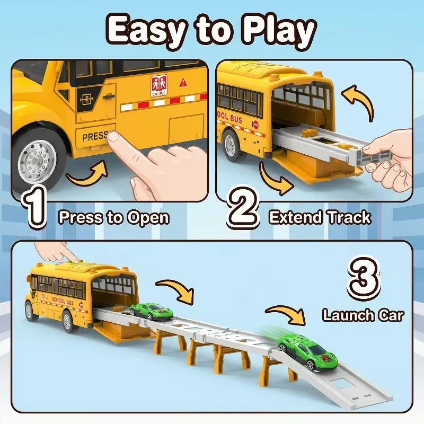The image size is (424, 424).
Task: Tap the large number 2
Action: click(243, 208)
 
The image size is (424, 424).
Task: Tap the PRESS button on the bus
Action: click(96, 136)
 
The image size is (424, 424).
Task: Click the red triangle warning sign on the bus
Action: click(183, 83)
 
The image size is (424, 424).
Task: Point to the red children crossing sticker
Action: click(159, 86)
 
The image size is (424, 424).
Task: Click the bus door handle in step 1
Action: click(109, 96)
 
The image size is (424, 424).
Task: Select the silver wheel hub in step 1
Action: click(37, 162)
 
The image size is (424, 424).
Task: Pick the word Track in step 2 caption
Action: click(349, 217)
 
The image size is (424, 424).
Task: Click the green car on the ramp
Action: click(308, 351)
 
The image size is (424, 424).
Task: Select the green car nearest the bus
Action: click(151, 312)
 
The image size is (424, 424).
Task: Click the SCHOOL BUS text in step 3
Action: click(63, 300)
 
